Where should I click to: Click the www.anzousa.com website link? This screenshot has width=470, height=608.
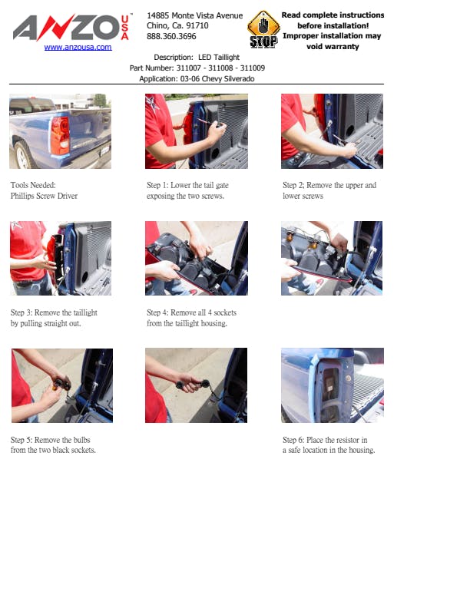pyautogui.click(x=78, y=48)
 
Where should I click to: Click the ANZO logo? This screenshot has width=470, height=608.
pyautogui.click(x=71, y=27)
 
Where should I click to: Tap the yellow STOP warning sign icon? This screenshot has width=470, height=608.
pyautogui.click(x=263, y=29)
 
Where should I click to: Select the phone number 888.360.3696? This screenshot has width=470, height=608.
pyautogui.click(x=171, y=36)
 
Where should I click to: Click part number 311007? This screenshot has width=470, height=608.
pyautogui.click(x=188, y=68)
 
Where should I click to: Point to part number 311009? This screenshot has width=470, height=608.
pyautogui.click(x=253, y=68)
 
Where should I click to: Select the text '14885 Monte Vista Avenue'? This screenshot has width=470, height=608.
pyautogui.click(x=194, y=15)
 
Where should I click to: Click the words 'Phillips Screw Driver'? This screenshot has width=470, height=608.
pyautogui.click(x=45, y=196)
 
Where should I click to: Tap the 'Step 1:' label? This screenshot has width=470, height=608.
pyautogui.click(x=157, y=185)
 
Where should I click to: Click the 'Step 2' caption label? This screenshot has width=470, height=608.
pyautogui.click(x=293, y=185)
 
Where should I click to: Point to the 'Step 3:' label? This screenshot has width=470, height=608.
pyautogui.click(x=22, y=312)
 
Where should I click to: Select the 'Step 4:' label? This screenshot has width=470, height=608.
pyautogui.click(x=157, y=312)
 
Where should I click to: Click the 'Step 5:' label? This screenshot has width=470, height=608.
pyautogui.click(x=22, y=440)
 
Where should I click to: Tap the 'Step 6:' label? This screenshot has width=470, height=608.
pyautogui.click(x=293, y=440)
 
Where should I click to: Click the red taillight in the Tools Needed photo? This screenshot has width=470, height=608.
pyautogui.click(x=60, y=135)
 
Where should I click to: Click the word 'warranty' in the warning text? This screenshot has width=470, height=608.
pyautogui.click(x=333, y=47)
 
